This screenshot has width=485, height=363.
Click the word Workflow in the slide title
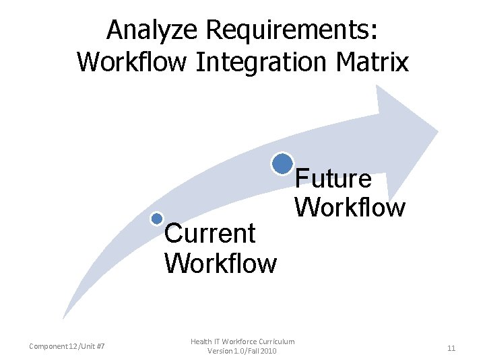tap(133, 62)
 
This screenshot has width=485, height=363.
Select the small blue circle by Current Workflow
tap(157, 218)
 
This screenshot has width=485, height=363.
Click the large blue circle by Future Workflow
tap(282, 163)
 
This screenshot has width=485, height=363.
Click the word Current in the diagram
tap(209, 234)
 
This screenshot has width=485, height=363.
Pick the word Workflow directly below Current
tap(220, 263)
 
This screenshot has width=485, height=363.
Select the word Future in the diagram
tap(333, 179)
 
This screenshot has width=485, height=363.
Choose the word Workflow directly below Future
tap(350, 207)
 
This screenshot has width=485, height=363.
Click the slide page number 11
tap(451, 348)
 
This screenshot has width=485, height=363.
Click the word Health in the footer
tap(201, 342)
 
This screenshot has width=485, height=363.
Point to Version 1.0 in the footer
tap(225, 352)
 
